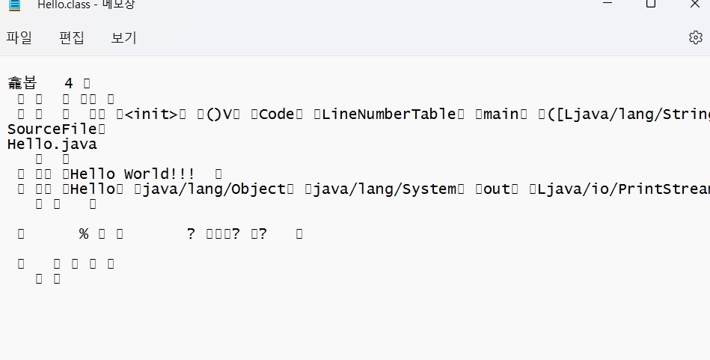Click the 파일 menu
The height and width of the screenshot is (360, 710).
coord(19,37)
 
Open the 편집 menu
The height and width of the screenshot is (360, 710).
coord(72,37)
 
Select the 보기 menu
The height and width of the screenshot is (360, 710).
coord(123,37)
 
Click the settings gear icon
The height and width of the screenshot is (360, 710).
coord(695,37)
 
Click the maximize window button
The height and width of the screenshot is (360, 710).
coord(650,4)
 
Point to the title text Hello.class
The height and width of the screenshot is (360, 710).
coord(64,4)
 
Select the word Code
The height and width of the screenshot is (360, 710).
coord(278,114)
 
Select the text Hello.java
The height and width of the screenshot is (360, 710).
coord(52,144)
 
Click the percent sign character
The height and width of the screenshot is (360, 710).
coord(84,234)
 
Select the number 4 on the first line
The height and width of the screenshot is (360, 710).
coord(69,83)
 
